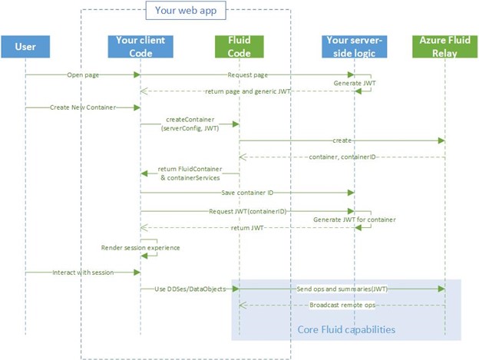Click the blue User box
click(25, 47)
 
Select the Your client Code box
click(140, 47)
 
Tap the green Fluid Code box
click(239, 47)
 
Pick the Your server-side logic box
click(354, 47)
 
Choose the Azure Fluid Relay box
click(444, 47)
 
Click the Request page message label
click(246, 74)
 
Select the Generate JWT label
click(352, 81)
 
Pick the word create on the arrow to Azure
click(343, 140)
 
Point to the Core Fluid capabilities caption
click(345, 329)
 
